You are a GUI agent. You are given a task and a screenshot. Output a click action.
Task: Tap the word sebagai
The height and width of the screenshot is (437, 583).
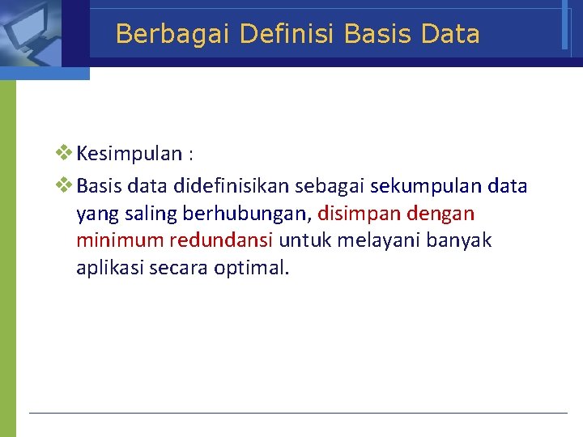click(330, 186)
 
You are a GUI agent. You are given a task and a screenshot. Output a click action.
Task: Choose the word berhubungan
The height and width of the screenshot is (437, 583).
click(245, 214)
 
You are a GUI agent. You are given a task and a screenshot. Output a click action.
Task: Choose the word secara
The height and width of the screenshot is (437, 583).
click(177, 268)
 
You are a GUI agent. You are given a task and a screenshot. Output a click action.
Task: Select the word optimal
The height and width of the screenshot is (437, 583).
click(251, 268)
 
